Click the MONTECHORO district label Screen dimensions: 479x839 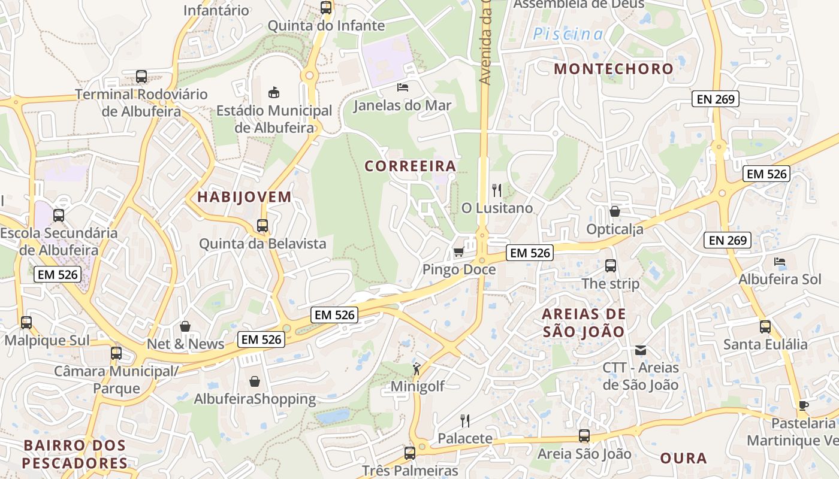(x=614, y=69)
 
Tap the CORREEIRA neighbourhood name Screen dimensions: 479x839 (x=411, y=166)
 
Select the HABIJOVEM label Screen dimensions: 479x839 (x=245, y=197)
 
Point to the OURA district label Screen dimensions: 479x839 (x=684, y=459)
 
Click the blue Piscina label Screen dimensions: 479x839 (x=568, y=34)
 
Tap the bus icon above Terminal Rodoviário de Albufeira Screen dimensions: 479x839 (x=141, y=77)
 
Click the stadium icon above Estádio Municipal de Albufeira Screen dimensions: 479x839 (x=274, y=92)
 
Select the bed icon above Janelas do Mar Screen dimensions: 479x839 (x=403, y=87)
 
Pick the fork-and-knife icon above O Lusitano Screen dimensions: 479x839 (x=497, y=190)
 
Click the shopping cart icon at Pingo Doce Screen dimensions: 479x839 (x=459, y=252)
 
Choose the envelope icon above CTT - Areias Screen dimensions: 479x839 (x=641, y=350)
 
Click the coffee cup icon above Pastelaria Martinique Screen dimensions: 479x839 (x=803, y=405)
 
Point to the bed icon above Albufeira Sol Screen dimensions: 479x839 (x=780, y=262)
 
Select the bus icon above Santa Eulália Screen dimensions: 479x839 (x=765, y=327)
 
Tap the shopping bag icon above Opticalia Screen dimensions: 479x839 (x=615, y=211)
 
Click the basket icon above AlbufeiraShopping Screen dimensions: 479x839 (x=255, y=381)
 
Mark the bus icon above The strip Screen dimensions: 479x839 (x=611, y=266)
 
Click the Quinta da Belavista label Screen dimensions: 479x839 (x=262, y=244)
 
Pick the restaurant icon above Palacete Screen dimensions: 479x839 (x=464, y=420)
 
